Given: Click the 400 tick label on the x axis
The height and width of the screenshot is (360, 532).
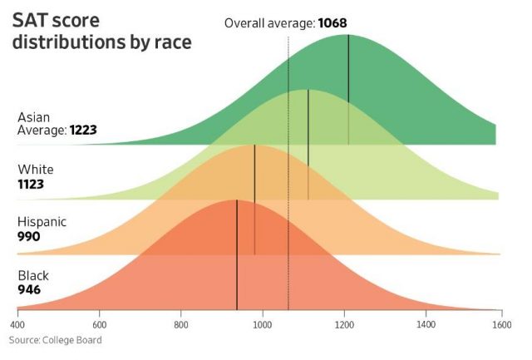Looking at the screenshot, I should click(17, 325).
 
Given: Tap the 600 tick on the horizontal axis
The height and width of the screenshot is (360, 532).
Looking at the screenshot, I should click(100, 325).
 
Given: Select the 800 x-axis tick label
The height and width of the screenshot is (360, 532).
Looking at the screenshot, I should click(181, 325).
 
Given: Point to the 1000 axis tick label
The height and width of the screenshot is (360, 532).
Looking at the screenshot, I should click(263, 325).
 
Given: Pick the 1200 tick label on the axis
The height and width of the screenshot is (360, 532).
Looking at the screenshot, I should click(345, 325).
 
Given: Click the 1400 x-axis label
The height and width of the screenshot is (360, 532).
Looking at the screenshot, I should click(426, 325).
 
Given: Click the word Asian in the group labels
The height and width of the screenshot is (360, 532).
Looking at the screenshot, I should click(33, 117).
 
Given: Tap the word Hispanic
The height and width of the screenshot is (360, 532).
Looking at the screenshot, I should click(42, 223).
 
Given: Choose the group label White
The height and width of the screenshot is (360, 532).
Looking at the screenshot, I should click(34, 170).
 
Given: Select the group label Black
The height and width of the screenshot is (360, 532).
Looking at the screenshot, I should click(33, 276).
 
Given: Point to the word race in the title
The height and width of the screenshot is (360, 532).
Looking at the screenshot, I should click(171, 42).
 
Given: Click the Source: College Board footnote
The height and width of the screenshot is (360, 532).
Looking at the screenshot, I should click(57, 340).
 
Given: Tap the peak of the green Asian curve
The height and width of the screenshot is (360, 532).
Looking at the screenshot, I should click(348, 35).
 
